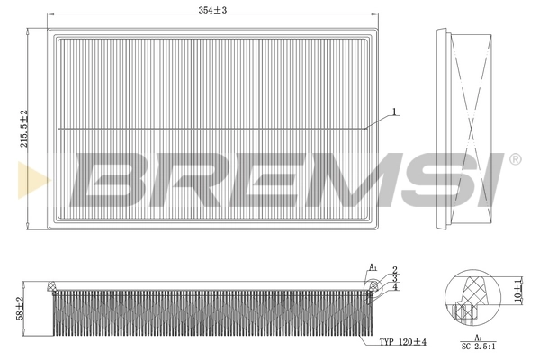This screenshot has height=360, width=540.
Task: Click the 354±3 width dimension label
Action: click(213, 9)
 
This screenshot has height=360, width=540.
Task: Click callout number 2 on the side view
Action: click(394, 269)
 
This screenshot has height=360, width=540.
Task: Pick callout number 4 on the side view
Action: click(394, 287)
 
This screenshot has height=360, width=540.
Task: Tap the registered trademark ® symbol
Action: click(514, 159)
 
